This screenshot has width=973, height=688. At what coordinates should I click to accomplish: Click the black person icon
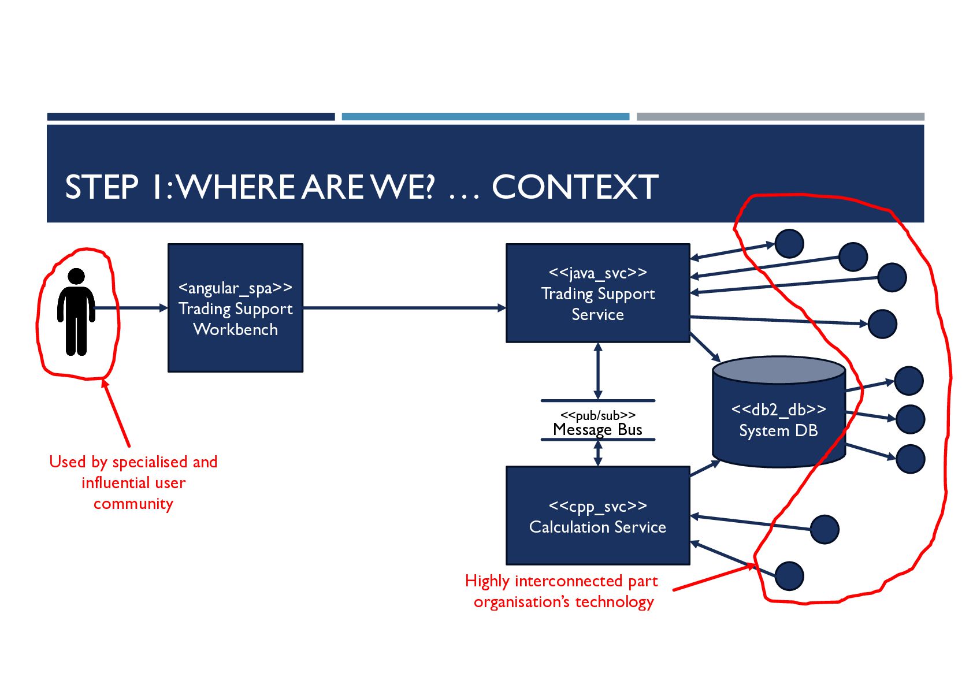76,311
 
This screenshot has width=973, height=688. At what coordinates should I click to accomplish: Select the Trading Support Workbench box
235,308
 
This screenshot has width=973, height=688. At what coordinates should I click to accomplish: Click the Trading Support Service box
597,293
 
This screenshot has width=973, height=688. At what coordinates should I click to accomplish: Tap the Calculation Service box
597,515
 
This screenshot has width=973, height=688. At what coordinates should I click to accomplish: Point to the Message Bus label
597,430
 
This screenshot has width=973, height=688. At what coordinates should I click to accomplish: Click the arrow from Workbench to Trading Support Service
404,308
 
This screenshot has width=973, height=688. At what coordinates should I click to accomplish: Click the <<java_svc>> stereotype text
597,273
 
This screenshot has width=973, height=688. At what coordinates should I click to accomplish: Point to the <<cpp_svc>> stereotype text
597,507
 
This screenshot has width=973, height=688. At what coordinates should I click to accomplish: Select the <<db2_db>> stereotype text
778,410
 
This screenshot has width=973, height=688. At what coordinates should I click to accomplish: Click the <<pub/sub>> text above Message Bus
597,415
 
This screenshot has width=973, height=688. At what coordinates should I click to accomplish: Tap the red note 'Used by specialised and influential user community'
133,482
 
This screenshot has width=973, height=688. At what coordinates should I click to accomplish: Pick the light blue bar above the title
485,117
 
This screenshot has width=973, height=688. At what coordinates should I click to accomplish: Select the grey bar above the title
780,117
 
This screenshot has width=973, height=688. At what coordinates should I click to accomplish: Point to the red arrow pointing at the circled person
116,412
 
